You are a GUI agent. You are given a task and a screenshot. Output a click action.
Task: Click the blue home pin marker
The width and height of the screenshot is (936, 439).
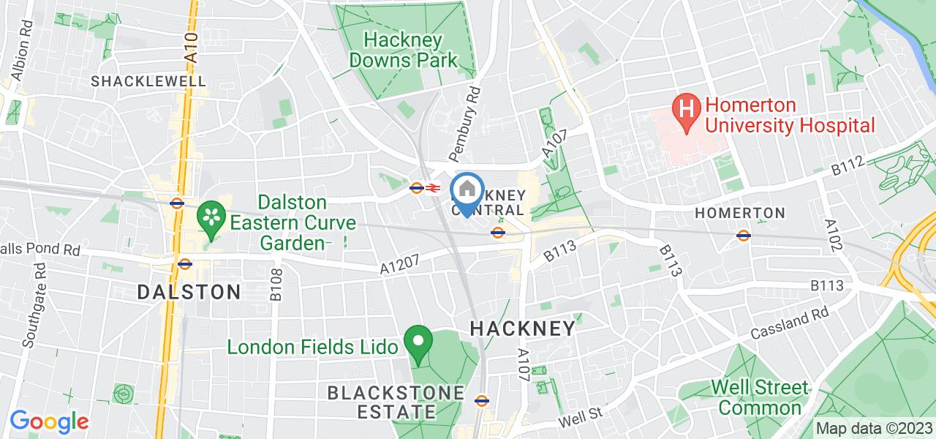tap(467, 192)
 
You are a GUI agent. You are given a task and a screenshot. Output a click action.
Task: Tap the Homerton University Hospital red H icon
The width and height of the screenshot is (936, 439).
tap(686, 111)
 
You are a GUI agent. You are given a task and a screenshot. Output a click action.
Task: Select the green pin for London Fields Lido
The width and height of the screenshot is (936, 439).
tap(418, 345)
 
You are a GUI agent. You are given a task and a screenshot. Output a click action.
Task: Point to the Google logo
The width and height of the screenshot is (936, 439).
tap(48, 421)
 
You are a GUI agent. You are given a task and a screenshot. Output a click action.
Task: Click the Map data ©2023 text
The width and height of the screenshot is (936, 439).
tap(874, 429)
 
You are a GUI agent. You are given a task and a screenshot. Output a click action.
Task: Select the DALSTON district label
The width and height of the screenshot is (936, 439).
tap(189, 292)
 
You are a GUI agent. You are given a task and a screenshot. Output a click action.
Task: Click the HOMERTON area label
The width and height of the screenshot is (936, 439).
tap(739, 213)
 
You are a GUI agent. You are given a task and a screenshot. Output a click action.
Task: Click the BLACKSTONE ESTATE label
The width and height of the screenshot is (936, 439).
tap(396, 402)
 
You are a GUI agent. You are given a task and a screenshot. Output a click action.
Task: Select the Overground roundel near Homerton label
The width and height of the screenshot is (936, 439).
tap(744, 235)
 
